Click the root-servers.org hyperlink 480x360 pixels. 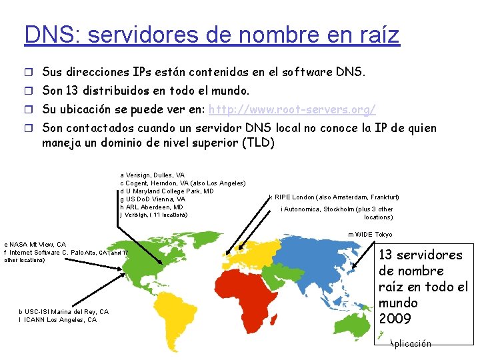293,109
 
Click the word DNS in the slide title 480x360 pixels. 41,34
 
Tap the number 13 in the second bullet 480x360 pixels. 73,90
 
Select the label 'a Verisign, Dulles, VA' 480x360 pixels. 153,175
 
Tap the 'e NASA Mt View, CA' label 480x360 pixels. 35,245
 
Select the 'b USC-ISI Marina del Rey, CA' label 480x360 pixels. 63,312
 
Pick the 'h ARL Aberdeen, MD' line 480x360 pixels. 151,207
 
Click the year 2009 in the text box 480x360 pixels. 395,319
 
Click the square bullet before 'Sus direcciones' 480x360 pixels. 29,71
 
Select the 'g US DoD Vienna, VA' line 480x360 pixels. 153,199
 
